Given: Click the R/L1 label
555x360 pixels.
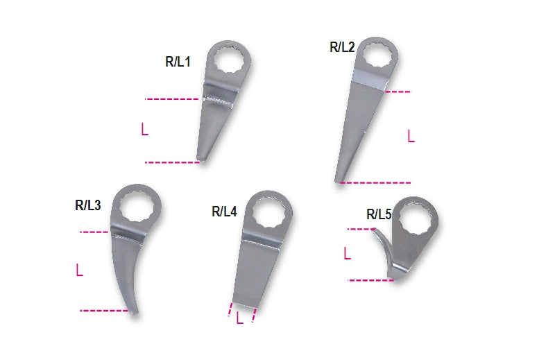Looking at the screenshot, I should (x=178, y=62).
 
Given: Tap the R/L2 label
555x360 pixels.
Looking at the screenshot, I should (x=342, y=48).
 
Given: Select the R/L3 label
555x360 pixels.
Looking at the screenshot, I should (x=88, y=205).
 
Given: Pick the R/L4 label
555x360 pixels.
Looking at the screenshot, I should (x=224, y=212).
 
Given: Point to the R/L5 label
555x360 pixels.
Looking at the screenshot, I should (x=379, y=214).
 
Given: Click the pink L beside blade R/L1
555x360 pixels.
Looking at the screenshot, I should (x=144, y=130).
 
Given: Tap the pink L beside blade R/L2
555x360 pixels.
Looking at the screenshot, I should (x=411, y=137).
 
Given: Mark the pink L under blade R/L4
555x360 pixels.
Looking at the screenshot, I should (x=239, y=318).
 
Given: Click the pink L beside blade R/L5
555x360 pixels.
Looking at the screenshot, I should (x=347, y=254).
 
